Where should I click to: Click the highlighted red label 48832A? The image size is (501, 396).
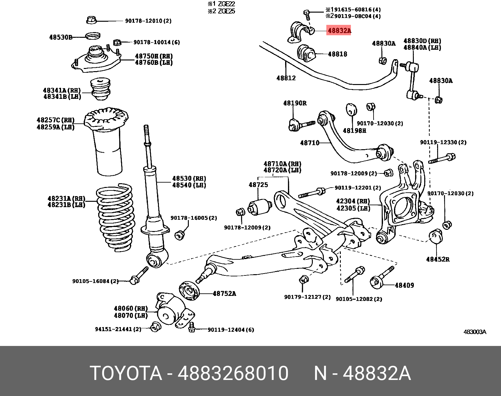tap(339, 31)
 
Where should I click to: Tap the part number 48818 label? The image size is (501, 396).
tap(337, 54)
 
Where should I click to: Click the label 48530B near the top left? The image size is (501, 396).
tap(60, 37)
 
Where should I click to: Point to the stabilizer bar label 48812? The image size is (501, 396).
tap(286, 78)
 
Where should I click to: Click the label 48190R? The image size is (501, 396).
tap(295, 103)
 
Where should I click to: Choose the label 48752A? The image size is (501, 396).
tap(224, 294)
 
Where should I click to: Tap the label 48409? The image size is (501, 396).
tap(404, 286)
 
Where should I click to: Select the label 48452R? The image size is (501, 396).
tap(437, 259)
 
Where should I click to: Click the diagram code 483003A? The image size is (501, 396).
tap(475, 332)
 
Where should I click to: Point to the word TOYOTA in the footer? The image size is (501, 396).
tap(126, 373)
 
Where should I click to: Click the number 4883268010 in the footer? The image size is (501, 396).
tap(233, 373)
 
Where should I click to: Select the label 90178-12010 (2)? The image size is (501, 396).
tap(148, 21)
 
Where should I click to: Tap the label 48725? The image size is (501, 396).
tap(258, 185)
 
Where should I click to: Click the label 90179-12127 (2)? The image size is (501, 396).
tap(307, 297)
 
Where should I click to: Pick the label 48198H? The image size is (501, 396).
tap(354, 131)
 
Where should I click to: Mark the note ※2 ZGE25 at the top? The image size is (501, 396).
tap(221, 11)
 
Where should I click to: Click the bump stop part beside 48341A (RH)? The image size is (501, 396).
tap(101, 89)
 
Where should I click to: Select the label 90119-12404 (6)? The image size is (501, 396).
tap(230, 330)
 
